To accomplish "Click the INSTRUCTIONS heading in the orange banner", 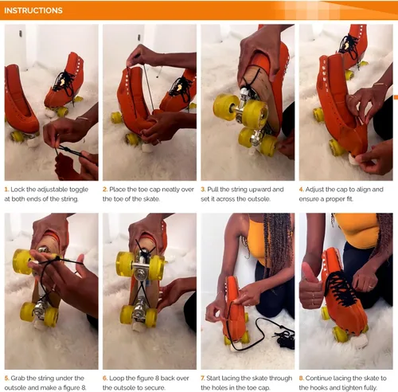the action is pos(33,10).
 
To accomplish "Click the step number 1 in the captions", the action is pos(6,190).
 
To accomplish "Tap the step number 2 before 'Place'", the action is pos(105,190).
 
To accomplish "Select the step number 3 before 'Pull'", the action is pos(203,190).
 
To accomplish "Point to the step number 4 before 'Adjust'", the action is pos(302,190).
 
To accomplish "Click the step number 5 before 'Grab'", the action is pos(6,378).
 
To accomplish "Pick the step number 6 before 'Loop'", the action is pos(105,378).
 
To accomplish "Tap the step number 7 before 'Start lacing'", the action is pos(203,378).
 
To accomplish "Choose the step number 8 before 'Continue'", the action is pos(302,378).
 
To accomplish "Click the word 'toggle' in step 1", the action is pos(79,190).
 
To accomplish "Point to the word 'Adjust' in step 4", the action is pos(314,190).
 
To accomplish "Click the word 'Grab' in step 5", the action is pos(18,378).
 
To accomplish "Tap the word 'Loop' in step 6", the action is pos(116,378).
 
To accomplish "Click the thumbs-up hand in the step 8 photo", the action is pos(311,286).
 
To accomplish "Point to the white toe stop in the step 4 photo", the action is pos(353,159).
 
